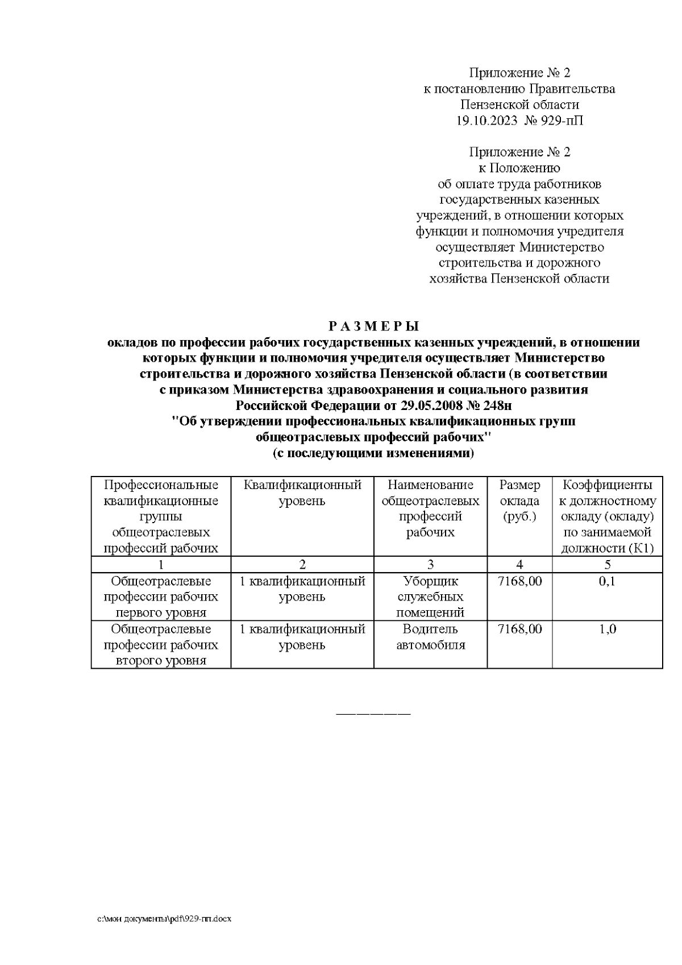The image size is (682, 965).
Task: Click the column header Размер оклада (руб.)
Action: pos(519,501)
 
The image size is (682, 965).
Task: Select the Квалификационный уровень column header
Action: pos(302,493)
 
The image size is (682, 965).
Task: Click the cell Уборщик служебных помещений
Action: pos(430,597)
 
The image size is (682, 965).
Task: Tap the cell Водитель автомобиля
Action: pos(430,637)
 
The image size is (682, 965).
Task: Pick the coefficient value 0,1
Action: pos(607,581)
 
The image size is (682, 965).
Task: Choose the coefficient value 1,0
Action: pos(607,629)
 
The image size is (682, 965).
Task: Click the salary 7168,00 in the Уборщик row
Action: pos(519,581)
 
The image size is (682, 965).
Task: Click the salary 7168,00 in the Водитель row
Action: pos(519,629)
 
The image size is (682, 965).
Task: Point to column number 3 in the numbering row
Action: pos(430,564)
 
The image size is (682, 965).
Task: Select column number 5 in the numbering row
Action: pos(607,564)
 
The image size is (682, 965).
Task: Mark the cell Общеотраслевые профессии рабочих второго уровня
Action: pos(161,645)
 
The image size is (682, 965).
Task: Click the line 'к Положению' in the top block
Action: pos(519,168)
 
